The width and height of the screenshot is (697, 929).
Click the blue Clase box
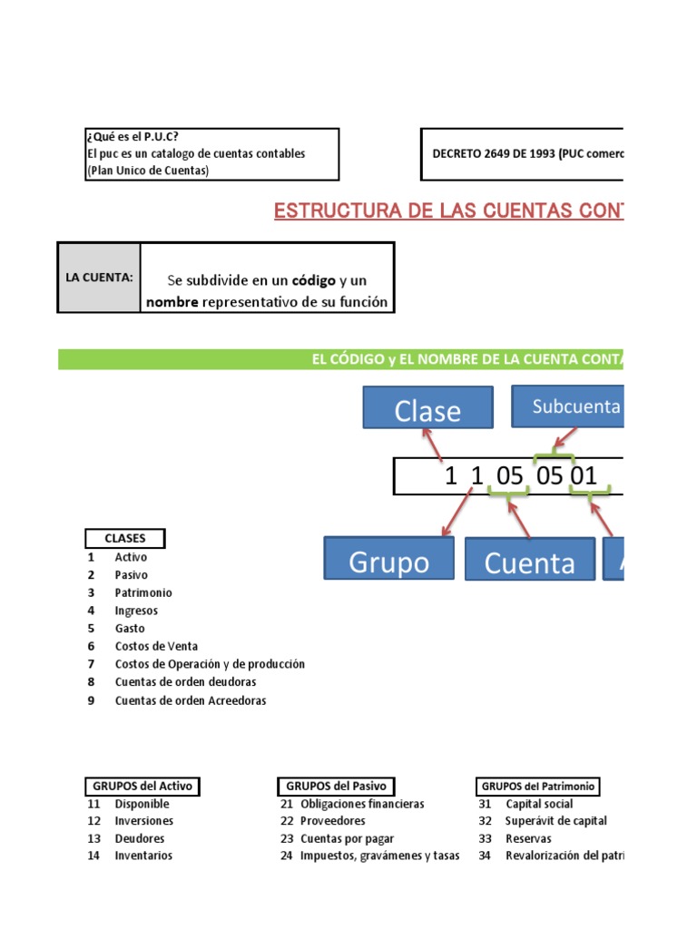[x=427, y=408]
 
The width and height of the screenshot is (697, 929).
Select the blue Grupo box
[x=388, y=559]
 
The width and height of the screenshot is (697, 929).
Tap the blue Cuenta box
[x=529, y=559]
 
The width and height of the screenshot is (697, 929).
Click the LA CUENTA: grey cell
[x=99, y=278]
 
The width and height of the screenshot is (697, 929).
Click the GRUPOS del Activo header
[x=141, y=786]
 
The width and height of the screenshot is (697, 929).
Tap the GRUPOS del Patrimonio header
[x=541, y=786]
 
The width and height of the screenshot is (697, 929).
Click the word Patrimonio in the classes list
[x=143, y=592]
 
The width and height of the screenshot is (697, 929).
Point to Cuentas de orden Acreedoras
[x=191, y=700]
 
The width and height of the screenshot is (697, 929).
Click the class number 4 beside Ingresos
[x=91, y=611]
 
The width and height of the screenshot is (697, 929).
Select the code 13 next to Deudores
[x=93, y=838]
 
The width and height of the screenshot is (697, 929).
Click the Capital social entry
[x=539, y=804]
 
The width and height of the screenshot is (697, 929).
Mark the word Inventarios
[x=143, y=856]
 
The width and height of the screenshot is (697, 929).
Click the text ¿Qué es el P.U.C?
[x=133, y=137]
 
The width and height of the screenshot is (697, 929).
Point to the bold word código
[x=308, y=280]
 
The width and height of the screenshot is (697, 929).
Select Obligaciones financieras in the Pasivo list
[x=362, y=804]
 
